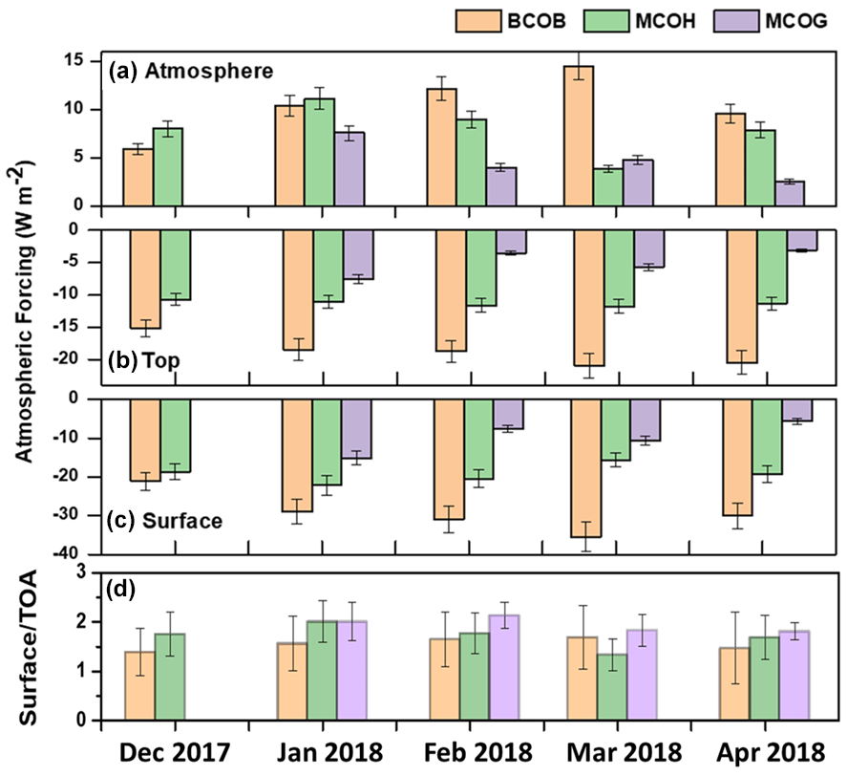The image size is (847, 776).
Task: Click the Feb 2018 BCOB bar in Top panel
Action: (x=451, y=291)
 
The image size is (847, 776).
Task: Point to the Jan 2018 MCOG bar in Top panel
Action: (x=358, y=254)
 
